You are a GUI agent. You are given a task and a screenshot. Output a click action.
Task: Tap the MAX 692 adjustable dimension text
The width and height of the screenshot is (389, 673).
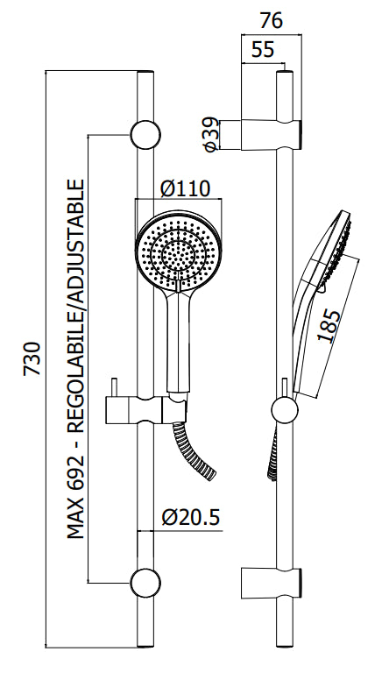77,359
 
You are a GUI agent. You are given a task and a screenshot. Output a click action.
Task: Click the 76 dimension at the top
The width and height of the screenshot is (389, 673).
272,18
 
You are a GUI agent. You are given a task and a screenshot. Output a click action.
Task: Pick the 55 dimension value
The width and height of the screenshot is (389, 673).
262,50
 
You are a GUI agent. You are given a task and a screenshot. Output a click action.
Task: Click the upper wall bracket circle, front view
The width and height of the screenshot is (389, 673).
145,135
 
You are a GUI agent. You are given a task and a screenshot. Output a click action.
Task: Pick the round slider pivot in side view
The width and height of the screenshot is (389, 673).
285,409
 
